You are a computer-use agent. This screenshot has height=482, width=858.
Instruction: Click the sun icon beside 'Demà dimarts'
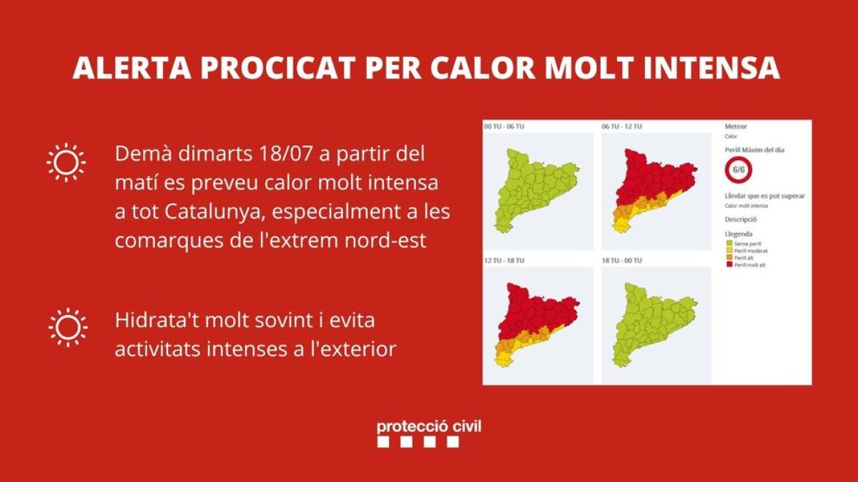(x=66, y=162)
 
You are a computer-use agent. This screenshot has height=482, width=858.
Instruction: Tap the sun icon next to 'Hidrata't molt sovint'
(x=68, y=328)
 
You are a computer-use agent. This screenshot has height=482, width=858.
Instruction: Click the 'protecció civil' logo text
(x=429, y=426)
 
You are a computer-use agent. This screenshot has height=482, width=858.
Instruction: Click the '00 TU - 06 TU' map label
(x=504, y=126)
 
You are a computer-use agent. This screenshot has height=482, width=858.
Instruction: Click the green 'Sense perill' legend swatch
(x=729, y=243)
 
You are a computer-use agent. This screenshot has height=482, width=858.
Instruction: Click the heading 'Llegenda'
(x=738, y=234)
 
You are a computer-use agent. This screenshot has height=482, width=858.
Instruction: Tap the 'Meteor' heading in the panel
(x=736, y=126)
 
